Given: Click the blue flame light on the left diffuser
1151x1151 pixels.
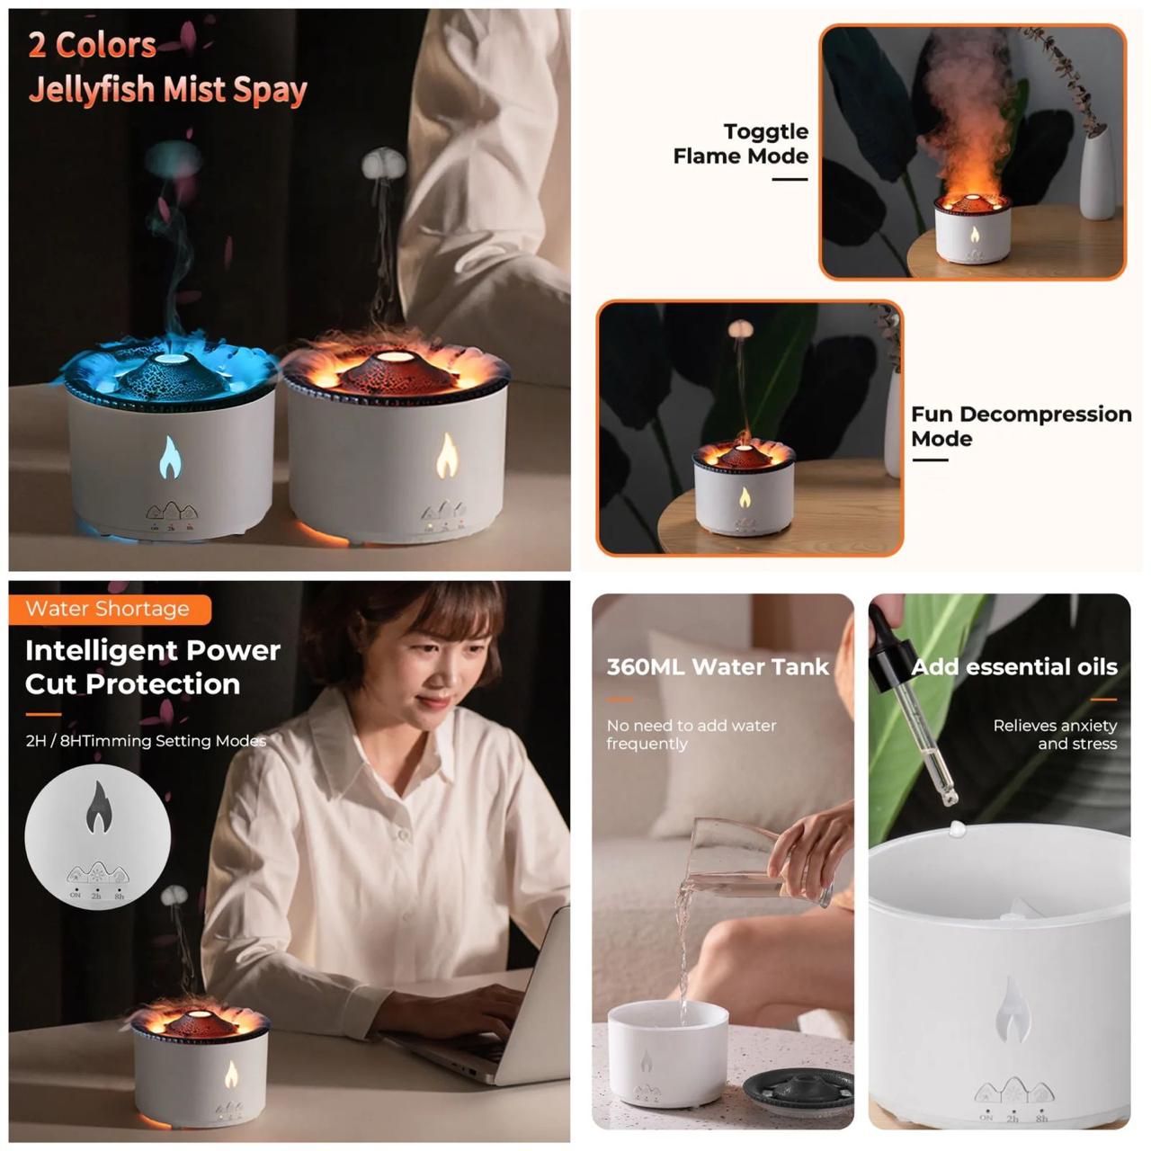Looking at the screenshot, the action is click(x=170, y=457).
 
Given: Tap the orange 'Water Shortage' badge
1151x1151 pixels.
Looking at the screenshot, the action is click(x=110, y=609).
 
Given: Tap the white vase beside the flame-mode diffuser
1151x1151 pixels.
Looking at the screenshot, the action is click(x=1097, y=173).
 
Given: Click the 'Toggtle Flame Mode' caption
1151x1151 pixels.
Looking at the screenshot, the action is click(x=741, y=143).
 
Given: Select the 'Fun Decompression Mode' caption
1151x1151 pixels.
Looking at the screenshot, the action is click(x=1021, y=426).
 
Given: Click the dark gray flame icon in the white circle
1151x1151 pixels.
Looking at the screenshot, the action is click(x=97, y=807).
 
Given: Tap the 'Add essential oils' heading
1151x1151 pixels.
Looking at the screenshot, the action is click(x=1013, y=666).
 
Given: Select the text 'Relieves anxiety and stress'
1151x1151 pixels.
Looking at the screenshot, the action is click(x=1055, y=734).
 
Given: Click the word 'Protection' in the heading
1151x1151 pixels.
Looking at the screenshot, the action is click(x=163, y=684).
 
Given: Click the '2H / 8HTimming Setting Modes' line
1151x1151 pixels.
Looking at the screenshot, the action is click(x=146, y=741).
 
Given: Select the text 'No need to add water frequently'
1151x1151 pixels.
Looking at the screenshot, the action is click(x=691, y=734).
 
